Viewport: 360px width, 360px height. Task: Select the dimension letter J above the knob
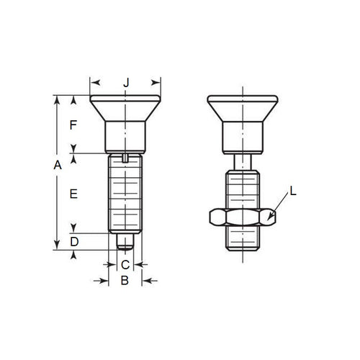coord(125,84)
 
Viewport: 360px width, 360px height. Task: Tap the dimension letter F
coord(73,125)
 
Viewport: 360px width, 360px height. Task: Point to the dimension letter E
coord(73,194)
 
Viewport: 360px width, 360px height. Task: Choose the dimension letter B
coord(124,281)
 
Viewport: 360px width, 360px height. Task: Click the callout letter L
coord(293,191)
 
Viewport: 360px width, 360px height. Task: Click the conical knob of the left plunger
coord(125,109)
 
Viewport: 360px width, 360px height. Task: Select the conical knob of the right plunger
coord(242,109)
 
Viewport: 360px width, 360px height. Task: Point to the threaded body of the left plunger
coord(125,194)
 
